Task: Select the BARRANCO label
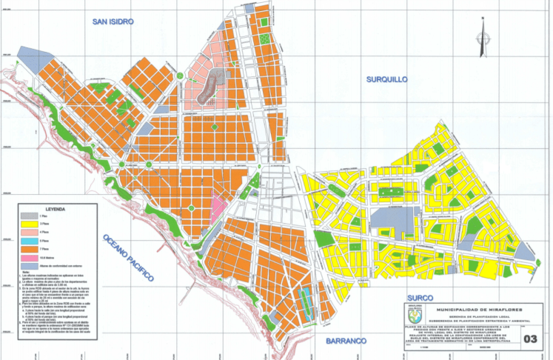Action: tap(346, 341)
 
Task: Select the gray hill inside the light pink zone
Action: tap(212, 85)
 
